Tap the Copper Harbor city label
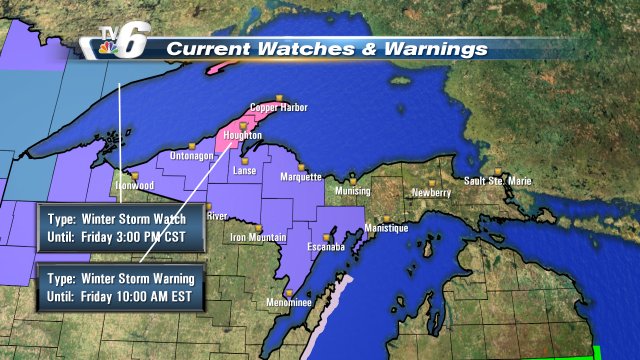point(278,108)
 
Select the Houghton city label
point(243,135)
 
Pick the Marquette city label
point(299,178)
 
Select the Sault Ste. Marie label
point(497,181)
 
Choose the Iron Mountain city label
point(258,238)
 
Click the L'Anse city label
point(244,171)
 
